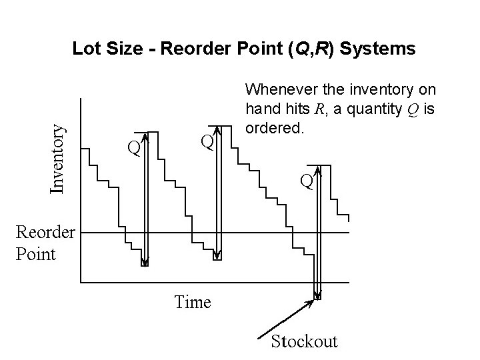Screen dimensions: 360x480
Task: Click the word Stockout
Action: pyautogui.click(x=303, y=341)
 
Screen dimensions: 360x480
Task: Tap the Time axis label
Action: pyautogui.click(x=192, y=302)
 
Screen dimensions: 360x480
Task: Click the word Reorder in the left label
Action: pyautogui.click(x=45, y=233)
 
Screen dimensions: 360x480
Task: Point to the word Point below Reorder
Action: pyautogui.click(x=35, y=254)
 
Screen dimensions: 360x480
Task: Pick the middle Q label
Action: pyautogui.click(x=207, y=141)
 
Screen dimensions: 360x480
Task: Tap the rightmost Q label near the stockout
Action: pyautogui.click(x=306, y=180)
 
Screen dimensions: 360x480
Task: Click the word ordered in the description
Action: pyautogui.click(x=275, y=127)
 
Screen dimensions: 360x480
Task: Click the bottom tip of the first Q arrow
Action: pyautogui.click(x=144, y=264)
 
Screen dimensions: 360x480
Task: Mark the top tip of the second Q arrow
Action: pyautogui.click(x=217, y=125)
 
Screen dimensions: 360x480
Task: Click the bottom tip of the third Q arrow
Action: pyautogui.click(x=317, y=297)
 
